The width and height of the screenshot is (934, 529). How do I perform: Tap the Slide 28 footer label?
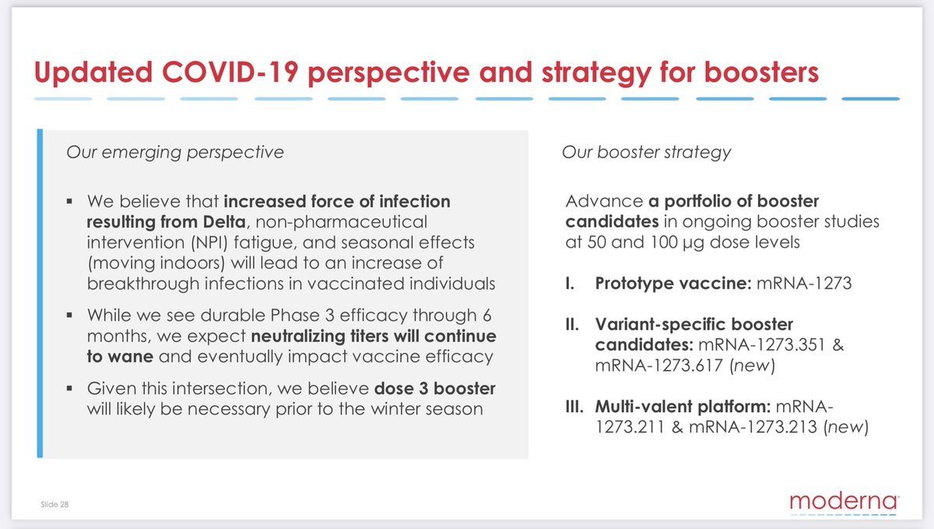pyautogui.click(x=54, y=504)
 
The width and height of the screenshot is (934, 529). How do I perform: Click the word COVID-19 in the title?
pyautogui.click(x=230, y=72)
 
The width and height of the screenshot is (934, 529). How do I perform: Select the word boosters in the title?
pyautogui.click(x=761, y=72)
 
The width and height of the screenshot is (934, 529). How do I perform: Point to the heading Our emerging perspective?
pyautogui.click(x=175, y=153)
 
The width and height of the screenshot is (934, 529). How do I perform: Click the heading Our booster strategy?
pyautogui.click(x=646, y=153)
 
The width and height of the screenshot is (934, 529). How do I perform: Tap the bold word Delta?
pyautogui.click(x=224, y=222)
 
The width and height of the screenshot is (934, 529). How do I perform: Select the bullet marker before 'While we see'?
pyautogui.click(x=69, y=316)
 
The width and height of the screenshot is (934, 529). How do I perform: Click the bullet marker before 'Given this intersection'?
pyautogui.click(x=69, y=389)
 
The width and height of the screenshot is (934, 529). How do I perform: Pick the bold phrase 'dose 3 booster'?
pyautogui.click(x=435, y=388)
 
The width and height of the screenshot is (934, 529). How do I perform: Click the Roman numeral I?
pyautogui.click(x=570, y=284)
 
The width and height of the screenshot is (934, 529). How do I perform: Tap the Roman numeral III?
pyautogui.click(x=574, y=406)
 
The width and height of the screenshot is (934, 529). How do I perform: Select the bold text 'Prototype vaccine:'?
pyautogui.click(x=673, y=284)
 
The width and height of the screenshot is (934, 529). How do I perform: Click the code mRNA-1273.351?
pyautogui.click(x=762, y=345)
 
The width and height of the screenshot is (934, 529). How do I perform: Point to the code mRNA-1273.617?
pyautogui.click(x=658, y=365)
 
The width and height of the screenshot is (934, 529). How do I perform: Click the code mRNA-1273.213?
pyautogui.click(x=753, y=427)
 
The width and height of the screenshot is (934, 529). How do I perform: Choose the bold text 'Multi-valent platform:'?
pyautogui.click(x=683, y=406)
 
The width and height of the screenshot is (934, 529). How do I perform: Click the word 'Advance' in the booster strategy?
pyautogui.click(x=604, y=201)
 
